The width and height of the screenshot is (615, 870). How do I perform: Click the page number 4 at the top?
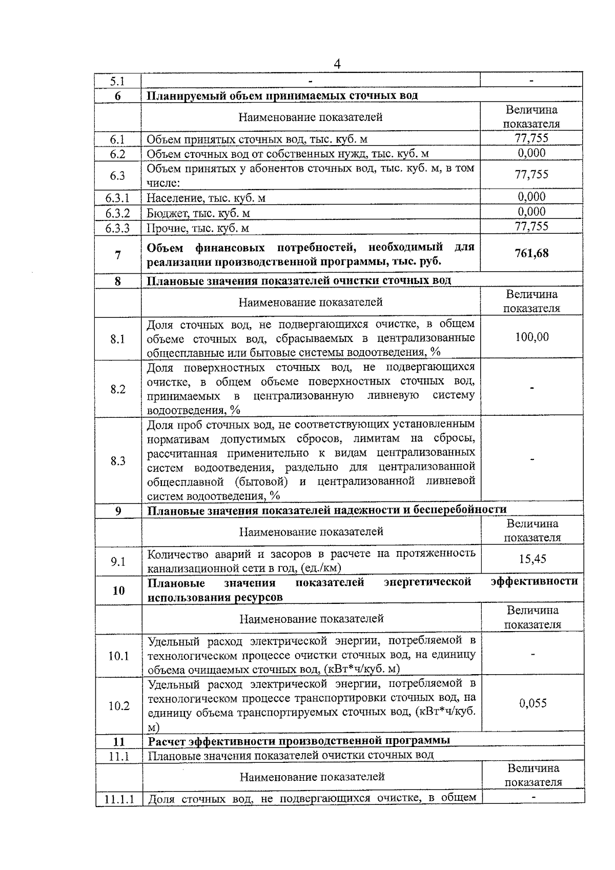[337, 64]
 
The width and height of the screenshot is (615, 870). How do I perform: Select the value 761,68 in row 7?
[531, 253]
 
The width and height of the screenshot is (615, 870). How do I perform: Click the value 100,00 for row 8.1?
[531, 337]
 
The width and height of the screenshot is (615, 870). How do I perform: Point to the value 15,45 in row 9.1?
[532, 559]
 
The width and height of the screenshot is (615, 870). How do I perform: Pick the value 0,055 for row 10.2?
[532, 703]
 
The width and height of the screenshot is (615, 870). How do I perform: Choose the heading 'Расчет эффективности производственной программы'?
[299, 740]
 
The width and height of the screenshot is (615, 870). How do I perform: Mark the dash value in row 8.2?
[532, 388]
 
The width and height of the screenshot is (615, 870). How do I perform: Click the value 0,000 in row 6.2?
[531, 153]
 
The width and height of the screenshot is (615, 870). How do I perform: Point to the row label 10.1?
[118, 656]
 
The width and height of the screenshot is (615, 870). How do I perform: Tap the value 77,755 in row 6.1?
[531, 138]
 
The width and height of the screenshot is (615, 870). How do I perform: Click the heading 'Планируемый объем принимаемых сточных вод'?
[282, 96]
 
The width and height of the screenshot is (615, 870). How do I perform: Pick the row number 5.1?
[117, 81]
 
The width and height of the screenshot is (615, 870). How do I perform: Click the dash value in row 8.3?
[532, 460]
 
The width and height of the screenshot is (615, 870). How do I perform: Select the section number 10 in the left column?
[118, 591]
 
